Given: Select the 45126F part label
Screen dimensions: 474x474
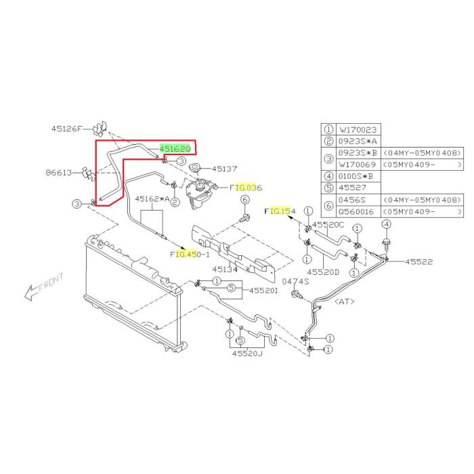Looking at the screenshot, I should (66, 128).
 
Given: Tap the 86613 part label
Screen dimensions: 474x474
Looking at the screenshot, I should (59, 173).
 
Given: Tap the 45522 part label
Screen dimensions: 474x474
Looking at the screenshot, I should (419, 261).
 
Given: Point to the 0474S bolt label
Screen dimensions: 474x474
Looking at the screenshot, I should (296, 280).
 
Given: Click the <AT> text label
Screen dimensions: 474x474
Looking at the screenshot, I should (345, 301).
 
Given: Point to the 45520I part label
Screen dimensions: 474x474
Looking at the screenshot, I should (263, 290).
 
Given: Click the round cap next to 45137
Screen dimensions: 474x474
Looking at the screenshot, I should (196, 167).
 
